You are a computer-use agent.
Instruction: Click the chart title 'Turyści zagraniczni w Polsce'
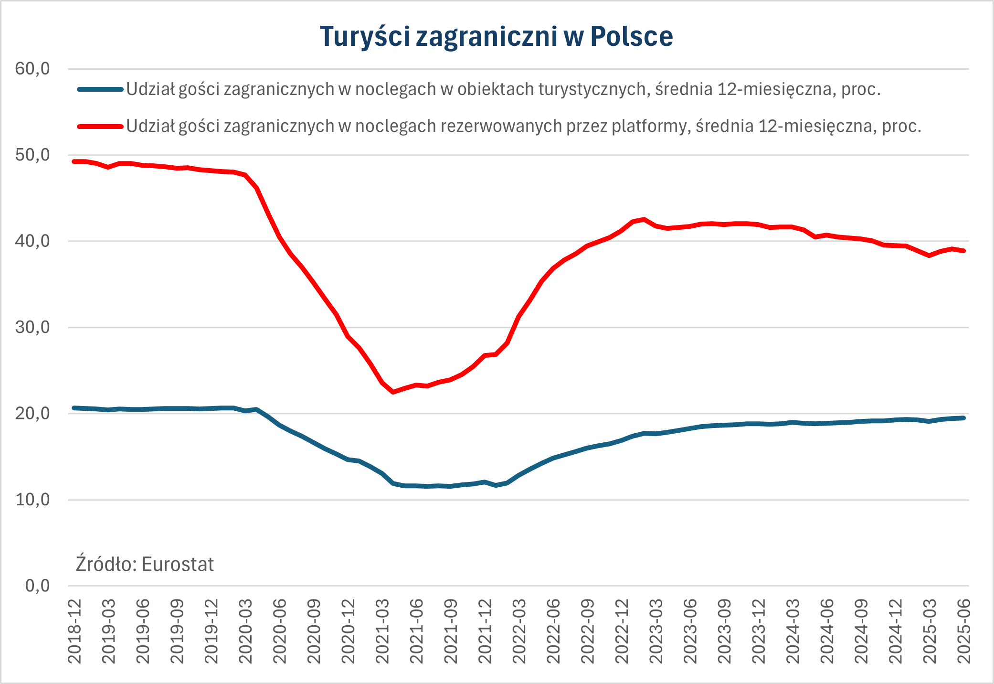point(497,36)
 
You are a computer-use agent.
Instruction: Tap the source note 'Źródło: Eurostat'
point(145,565)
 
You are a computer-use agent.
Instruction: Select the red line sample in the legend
point(100,127)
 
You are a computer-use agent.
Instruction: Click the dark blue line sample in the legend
point(100,89)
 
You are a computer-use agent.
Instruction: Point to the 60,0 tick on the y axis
point(32,69)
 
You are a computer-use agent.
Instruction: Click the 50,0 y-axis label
point(32,155)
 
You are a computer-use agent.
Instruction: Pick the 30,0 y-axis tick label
point(32,327)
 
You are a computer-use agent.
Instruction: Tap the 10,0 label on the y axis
point(32,500)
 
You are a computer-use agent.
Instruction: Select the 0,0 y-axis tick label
point(37,586)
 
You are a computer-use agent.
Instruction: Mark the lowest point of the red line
point(393,392)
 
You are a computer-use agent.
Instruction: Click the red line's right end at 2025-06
point(963,251)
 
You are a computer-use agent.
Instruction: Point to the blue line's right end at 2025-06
point(963,418)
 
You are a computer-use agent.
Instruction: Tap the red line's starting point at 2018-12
point(74,161)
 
